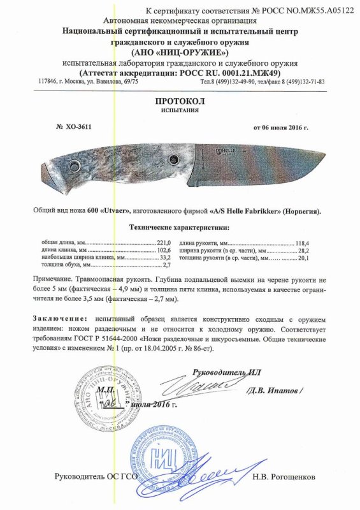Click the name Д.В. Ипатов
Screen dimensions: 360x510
pyautogui.click(x=276, y=390)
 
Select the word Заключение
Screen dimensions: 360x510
pyautogui.click(x=59, y=317)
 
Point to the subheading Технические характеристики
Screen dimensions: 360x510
pyautogui.click(x=180, y=226)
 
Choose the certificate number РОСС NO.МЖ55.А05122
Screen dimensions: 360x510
pyautogui.click(x=299, y=11)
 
